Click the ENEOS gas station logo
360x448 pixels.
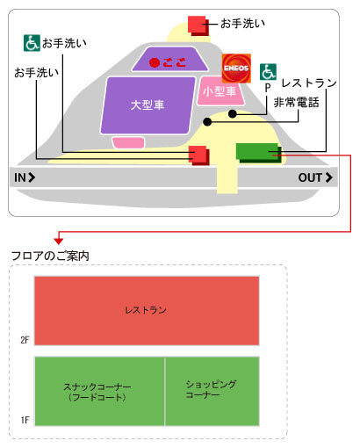coord(236,69)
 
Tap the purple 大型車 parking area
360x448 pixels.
coord(148,105)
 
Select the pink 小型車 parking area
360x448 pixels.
coord(220,91)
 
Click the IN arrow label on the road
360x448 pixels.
coord(25,177)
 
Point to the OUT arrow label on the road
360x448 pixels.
coord(315,177)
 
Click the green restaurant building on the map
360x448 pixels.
coord(258,153)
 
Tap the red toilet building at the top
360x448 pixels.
coord(198,25)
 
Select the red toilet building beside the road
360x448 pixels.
coord(199,155)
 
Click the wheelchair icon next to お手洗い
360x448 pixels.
coord(32,43)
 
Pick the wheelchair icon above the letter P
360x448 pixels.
coord(268,72)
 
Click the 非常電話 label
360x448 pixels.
coord(296,103)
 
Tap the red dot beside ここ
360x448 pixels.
coord(155,62)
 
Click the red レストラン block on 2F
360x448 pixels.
coord(147,311)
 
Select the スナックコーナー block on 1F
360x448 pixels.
coord(99,391)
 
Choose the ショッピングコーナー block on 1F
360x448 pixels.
coord(212,391)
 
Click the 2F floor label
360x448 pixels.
coord(25,340)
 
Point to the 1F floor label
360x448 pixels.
coord(25,420)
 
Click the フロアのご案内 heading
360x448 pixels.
coord(50,256)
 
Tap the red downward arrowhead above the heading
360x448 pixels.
coord(59,241)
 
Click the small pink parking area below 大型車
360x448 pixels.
coord(128,142)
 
